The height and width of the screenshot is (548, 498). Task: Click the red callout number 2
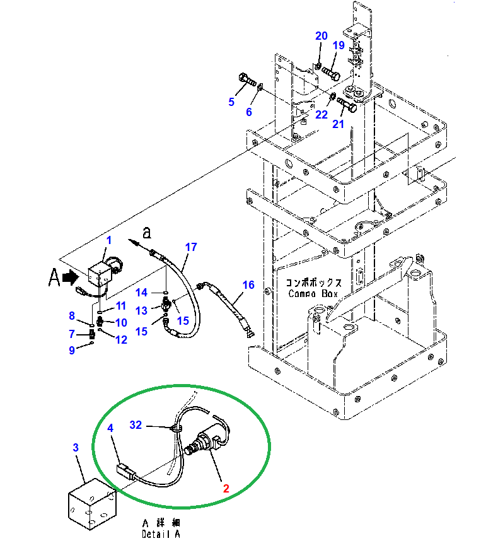(226, 487)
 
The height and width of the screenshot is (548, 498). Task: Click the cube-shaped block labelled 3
(92, 504)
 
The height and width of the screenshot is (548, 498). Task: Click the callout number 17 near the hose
(190, 248)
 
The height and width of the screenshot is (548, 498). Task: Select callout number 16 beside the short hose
(248, 285)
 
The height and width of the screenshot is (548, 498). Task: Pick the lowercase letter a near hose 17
(146, 232)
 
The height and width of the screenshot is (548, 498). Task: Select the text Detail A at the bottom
(160, 534)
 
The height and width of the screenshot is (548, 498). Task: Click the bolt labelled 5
(246, 80)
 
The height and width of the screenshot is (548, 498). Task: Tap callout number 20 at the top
(321, 36)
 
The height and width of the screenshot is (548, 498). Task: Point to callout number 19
(339, 45)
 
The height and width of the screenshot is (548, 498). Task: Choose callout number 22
(321, 114)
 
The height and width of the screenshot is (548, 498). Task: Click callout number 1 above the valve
(108, 240)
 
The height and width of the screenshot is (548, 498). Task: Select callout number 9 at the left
(72, 349)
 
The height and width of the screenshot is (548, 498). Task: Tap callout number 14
(141, 292)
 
